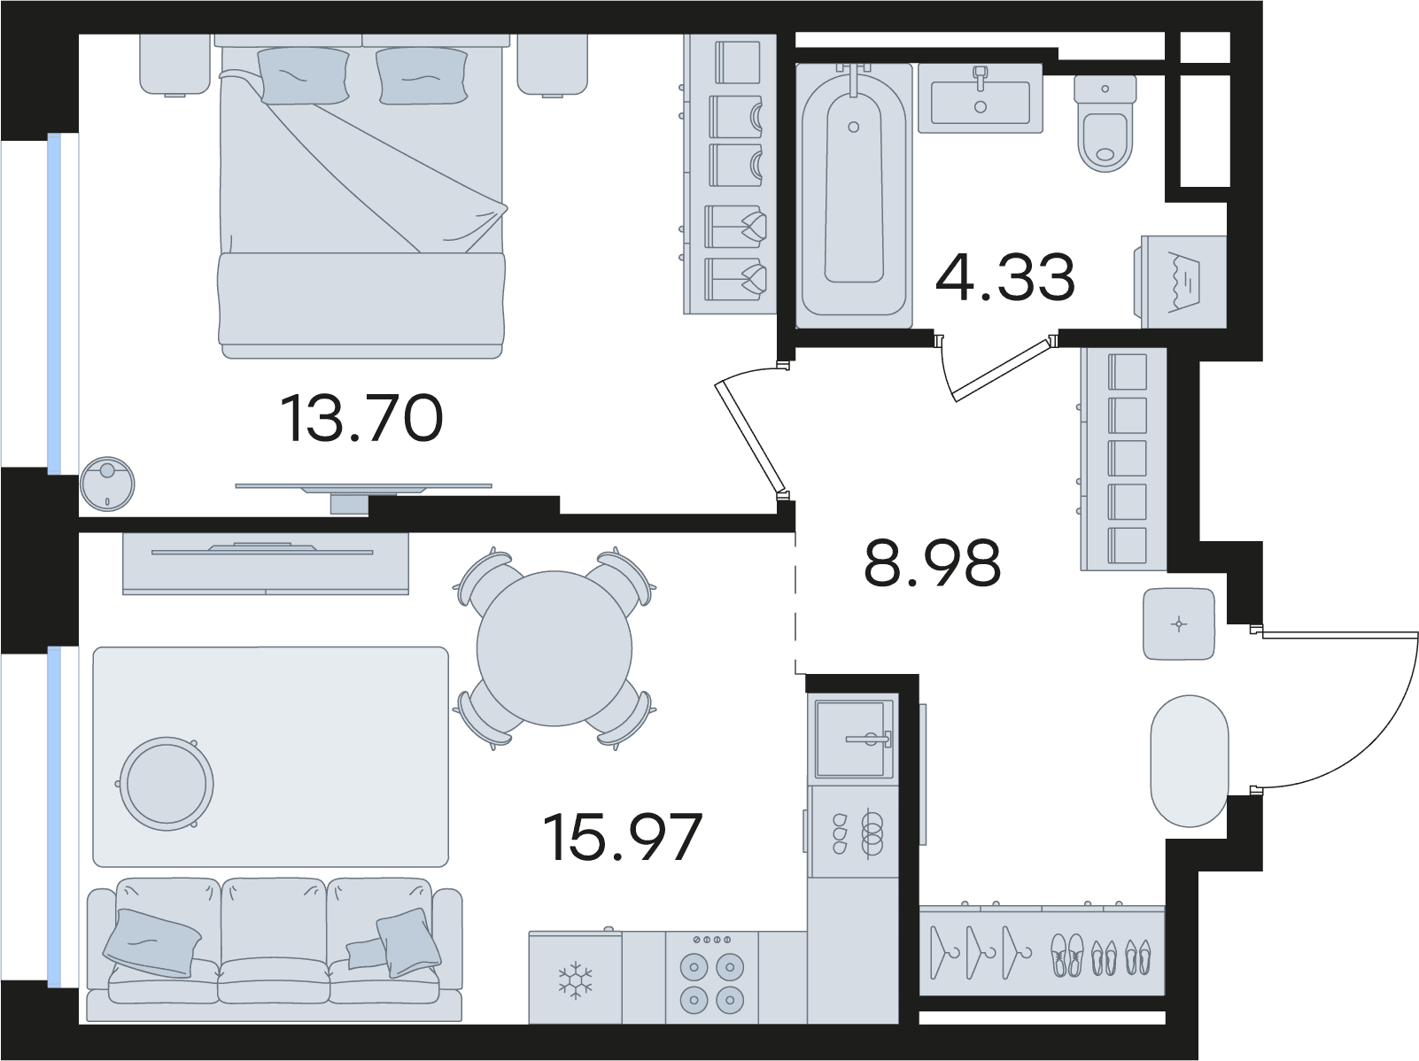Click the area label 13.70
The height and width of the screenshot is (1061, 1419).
click(x=362, y=419)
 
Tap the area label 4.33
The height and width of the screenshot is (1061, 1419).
click(x=1005, y=277)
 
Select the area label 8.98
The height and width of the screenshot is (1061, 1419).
click(x=932, y=562)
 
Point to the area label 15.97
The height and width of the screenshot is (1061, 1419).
click(x=623, y=838)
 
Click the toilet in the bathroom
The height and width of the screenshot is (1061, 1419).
click(x=1105, y=123)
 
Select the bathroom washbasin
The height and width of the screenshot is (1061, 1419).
click(x=980, y=98)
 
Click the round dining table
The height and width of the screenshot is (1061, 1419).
click(x=554, y=649)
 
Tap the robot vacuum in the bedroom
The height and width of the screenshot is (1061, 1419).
click(x=107, y=484)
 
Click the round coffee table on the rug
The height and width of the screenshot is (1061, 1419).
click(x=167, y=784)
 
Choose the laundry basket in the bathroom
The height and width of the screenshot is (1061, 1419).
click(x=1183, y=282)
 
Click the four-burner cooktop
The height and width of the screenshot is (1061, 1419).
click(x=712, y=977)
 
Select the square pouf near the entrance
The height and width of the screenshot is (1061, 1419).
click(x=1178, y=623)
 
